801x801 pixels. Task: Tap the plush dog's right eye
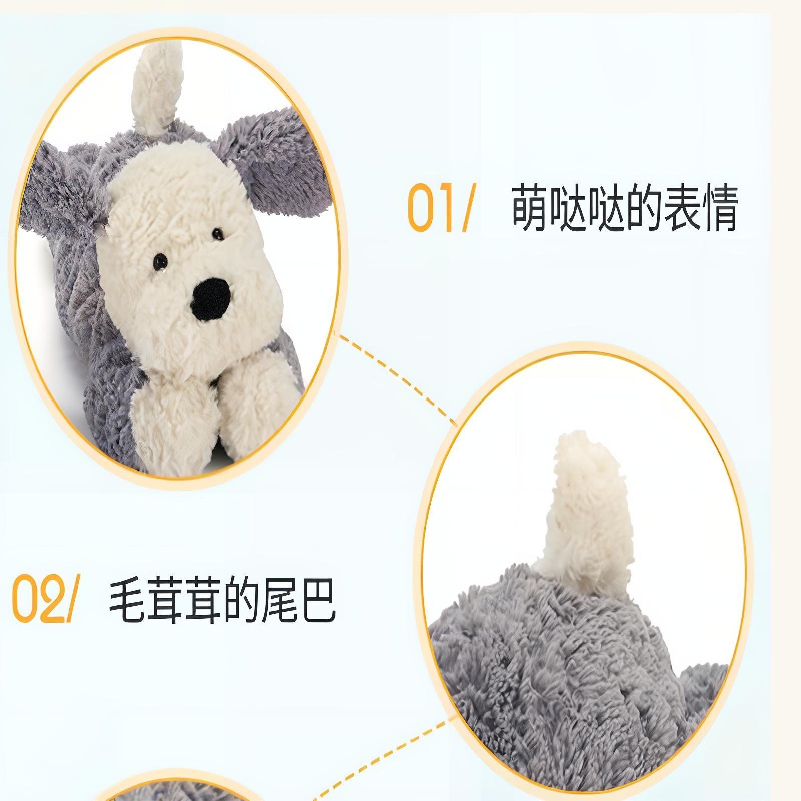tap(217, 233)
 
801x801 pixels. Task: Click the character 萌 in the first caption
tap(530, 208)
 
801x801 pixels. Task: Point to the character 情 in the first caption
tap(720, 208)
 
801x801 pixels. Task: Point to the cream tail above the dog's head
tap(155, 90)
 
